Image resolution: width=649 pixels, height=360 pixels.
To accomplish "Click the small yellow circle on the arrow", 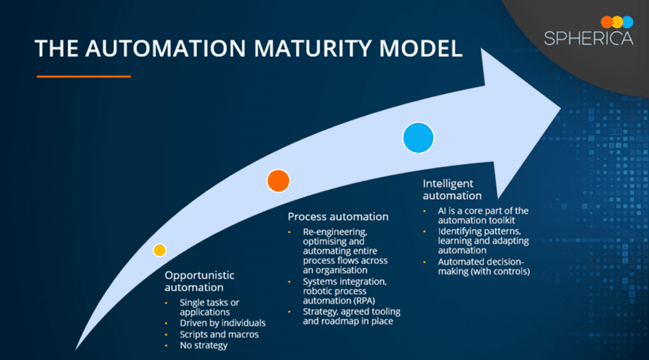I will pyautogui.click(x=160, y=250).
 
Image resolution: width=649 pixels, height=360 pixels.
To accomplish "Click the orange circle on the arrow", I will pyautogui.click(x=278, y=181).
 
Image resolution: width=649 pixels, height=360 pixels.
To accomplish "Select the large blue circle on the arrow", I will pyautogui.click(x=418, y=138).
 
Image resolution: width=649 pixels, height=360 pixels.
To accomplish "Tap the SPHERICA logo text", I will pyautogui.click(x=588, y=39).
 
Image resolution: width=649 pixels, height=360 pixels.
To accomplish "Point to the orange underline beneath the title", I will pyautogui.click(x=84, y=76).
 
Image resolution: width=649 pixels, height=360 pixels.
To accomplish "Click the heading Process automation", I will pyautogui.click(x=338, y=217).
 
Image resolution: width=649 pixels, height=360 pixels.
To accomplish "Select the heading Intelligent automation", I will pyautogui.click(x=453, y=190).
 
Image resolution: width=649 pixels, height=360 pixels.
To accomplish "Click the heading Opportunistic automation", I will pyautogui.click(x=200, y=281).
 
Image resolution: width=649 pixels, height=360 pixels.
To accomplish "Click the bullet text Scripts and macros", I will pyautogui.click(x=219, y=334).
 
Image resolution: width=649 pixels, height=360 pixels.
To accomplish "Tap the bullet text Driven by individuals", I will pyautogui.click(x=222, y=323).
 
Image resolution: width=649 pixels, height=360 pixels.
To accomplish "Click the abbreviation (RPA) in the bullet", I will pyautogui.click(x=359, y=301).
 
